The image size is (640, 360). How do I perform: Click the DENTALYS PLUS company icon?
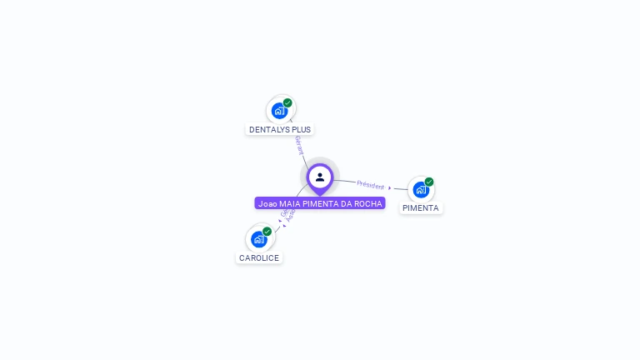[x=279, y=110]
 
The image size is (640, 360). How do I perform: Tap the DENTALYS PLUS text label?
[x=280, y=130]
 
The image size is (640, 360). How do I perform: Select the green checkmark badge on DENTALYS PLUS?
[x=287, y=102]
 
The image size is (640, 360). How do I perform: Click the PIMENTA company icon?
[x=421, y=189]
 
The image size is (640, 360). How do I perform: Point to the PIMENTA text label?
[x=421, y=208]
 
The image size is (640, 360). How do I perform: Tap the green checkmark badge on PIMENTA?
[x=429, y=182]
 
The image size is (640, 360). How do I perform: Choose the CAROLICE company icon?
[x=258, y=239]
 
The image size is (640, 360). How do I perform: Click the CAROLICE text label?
[x=259, y=258]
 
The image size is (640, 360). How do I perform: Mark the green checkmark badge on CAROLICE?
[x=267, y=232]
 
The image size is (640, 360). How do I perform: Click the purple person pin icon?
[x=320, y=177]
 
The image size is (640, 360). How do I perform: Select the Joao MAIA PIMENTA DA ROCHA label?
[x=320, y=203]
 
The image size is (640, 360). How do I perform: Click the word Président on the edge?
[x=371, y=184]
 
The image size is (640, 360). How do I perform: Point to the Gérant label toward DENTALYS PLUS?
[x=298, y=145]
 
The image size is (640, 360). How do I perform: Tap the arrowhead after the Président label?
[x=390, y=187]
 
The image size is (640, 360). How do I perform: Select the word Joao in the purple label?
[x=267, y=203]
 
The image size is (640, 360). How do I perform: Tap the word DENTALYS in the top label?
[x=268, y=130]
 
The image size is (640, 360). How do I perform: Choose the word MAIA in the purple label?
[x=289, y=203]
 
